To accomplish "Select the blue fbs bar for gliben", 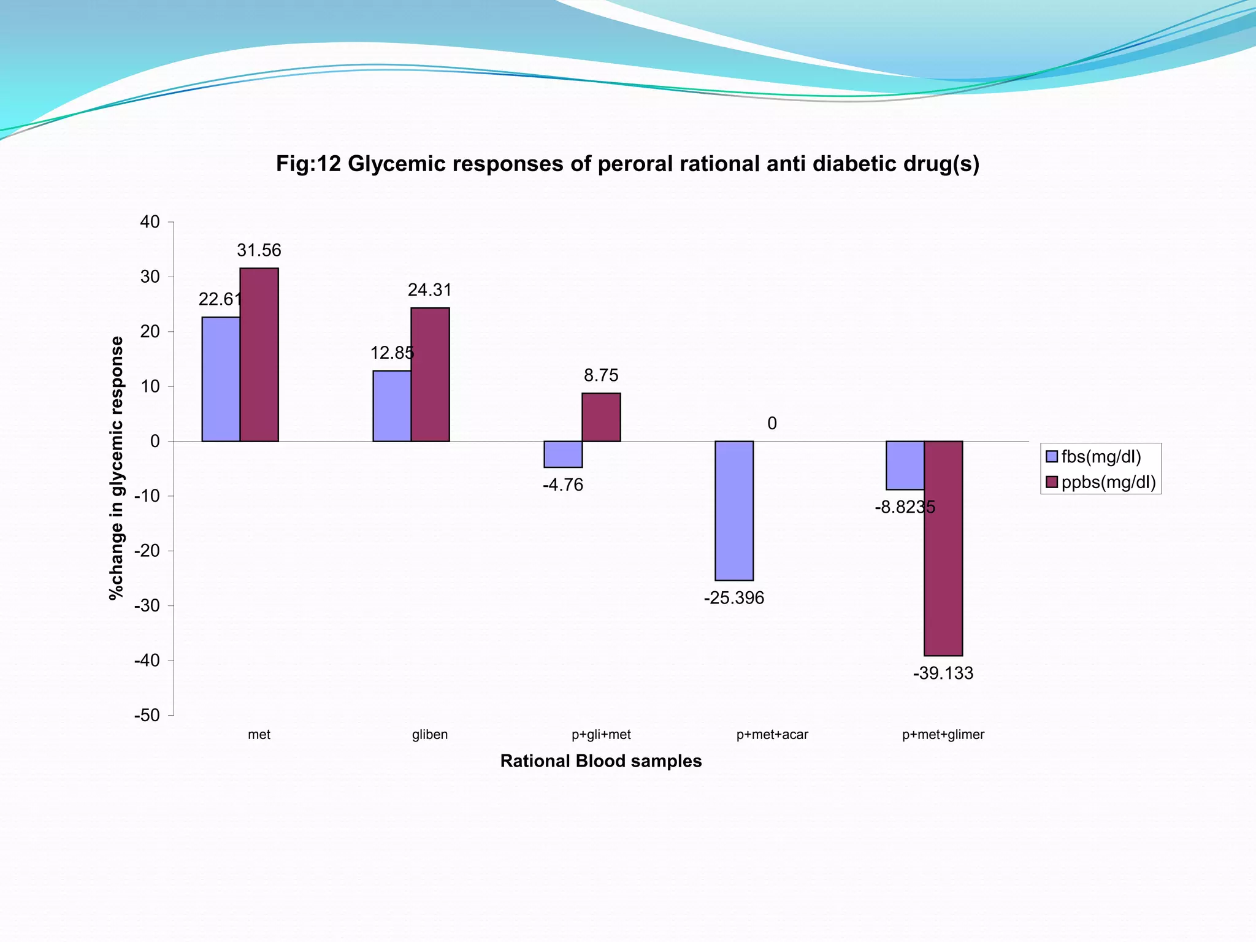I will [x=392, y=406].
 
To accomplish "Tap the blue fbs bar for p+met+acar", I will [x=734, y=510].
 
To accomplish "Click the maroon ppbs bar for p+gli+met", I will [x=601, y=417].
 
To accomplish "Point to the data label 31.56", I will [x=259, y=250].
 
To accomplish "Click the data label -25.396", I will [x=734, y=598].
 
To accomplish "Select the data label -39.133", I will [x=943, y=673].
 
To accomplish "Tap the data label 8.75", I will [x=601, y=375].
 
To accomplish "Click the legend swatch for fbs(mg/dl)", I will [x=1052, y=457].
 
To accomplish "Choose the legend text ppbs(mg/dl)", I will [x=1108, y=483].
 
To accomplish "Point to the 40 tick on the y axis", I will [x=150, y=222].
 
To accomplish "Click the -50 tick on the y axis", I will [x=147, y=716].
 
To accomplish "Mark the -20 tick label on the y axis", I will [x=147, y=551].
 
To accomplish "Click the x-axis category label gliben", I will [x=430, y=735].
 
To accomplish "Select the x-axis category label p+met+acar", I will [x=772, y=735].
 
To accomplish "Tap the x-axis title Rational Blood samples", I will [x=601, y=761].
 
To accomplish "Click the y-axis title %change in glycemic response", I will [x=116, y=467].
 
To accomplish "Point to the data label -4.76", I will [x=563, y=485].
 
